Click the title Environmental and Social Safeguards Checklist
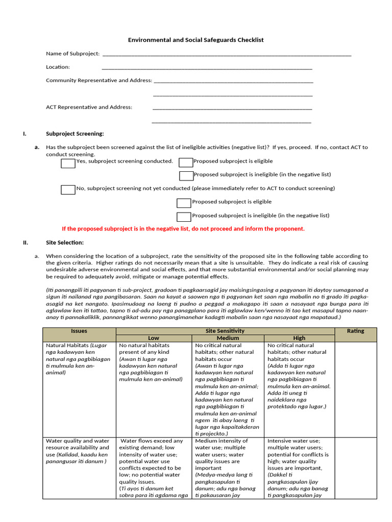[x=195, y=40]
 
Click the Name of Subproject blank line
[x=227, y=54]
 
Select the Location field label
[x=58, y=67]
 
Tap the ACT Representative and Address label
[x=89, y=107]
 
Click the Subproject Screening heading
[x=75, y=134]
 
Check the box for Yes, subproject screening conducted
[x=68, y=163]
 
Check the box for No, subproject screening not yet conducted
[x=68, y=190]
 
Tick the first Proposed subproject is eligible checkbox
[x=186, y=162]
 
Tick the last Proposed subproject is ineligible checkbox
[x=184, y=217]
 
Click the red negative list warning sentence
[x=183, y=228]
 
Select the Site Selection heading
[x=65, y=242]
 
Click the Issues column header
[x=79, y=331]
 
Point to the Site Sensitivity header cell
[x=225, y=331]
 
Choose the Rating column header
[x=355, y=331]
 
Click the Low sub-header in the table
[x=154, y=338]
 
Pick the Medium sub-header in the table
[x=228, y=338]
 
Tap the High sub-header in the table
[x=299, y=338]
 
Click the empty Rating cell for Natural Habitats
[x=355, y=387]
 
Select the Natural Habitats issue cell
[x=79, y=359]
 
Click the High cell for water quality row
[x=299, y=467]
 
